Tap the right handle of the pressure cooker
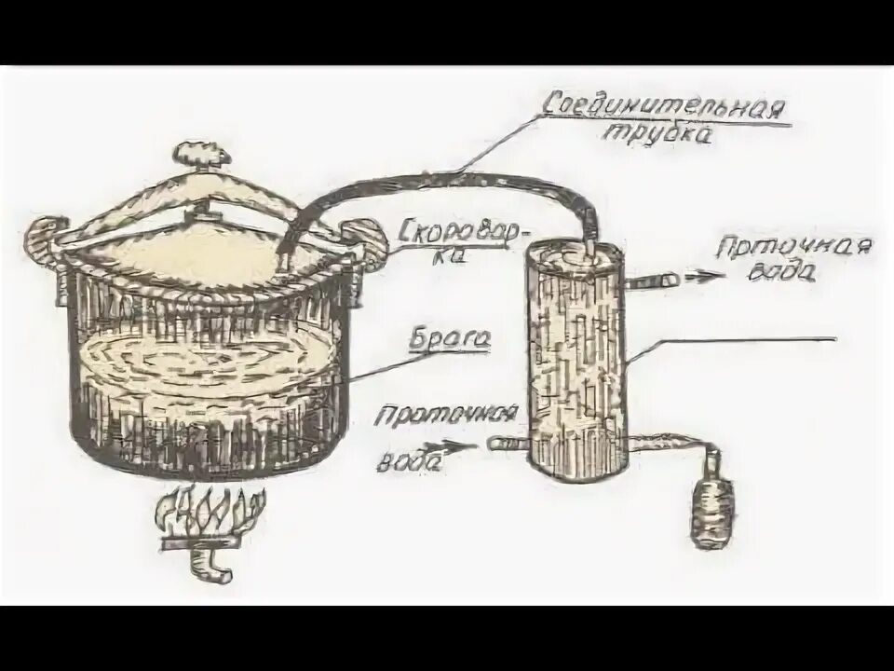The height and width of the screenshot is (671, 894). click(368, 240)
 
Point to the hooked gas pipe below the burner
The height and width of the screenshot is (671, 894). click(209, 565)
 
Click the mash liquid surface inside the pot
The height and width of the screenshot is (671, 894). click(205, 359)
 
